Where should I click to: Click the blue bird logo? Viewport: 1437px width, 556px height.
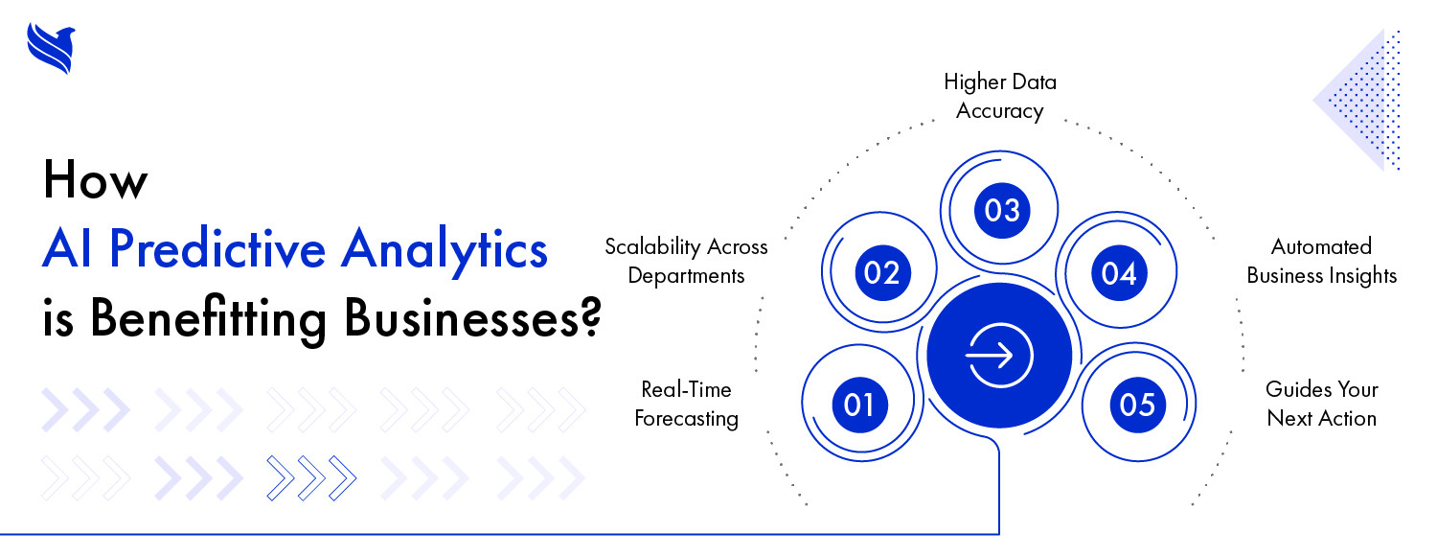pyautogui.click(x=52, y=48)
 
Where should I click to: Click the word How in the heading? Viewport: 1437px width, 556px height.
pyautogui.click(x=95, y=180)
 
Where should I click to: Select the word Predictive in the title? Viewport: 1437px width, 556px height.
pyautogui.click(x=217, y=248)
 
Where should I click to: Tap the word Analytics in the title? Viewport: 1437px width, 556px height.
pyautogui.click(x=444, y=251)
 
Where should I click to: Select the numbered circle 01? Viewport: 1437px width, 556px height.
pyautogui.click(x=859, y=405)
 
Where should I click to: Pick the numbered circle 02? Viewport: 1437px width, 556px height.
pyautogui.click(x=882, y=273)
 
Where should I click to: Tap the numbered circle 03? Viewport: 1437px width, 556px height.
pyautogui.click(x=1002, y=210)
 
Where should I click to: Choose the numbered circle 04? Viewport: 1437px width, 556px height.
pyautogui.click(x=1119, y=273)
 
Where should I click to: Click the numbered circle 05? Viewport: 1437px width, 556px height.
pyautogui.click(x=1137, y=405)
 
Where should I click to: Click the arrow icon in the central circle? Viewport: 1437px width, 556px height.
pyautogui.click(x=999, y=355)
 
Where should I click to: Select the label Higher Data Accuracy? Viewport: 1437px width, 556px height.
pyautogui.click(x=999, y=96)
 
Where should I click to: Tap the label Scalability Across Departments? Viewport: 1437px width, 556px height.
pyautogui.click(x=686, y=261)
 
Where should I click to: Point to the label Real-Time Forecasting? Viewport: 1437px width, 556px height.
pyautogui.click(x=686, y=404)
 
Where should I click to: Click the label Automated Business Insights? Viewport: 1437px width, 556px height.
pyautogui.click(x=1321, y=261)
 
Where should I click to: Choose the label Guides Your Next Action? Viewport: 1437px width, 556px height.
pyautogui.click(x=1321, y=404)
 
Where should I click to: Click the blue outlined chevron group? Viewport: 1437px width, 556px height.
pyautogui.click(x=311, y=478)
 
